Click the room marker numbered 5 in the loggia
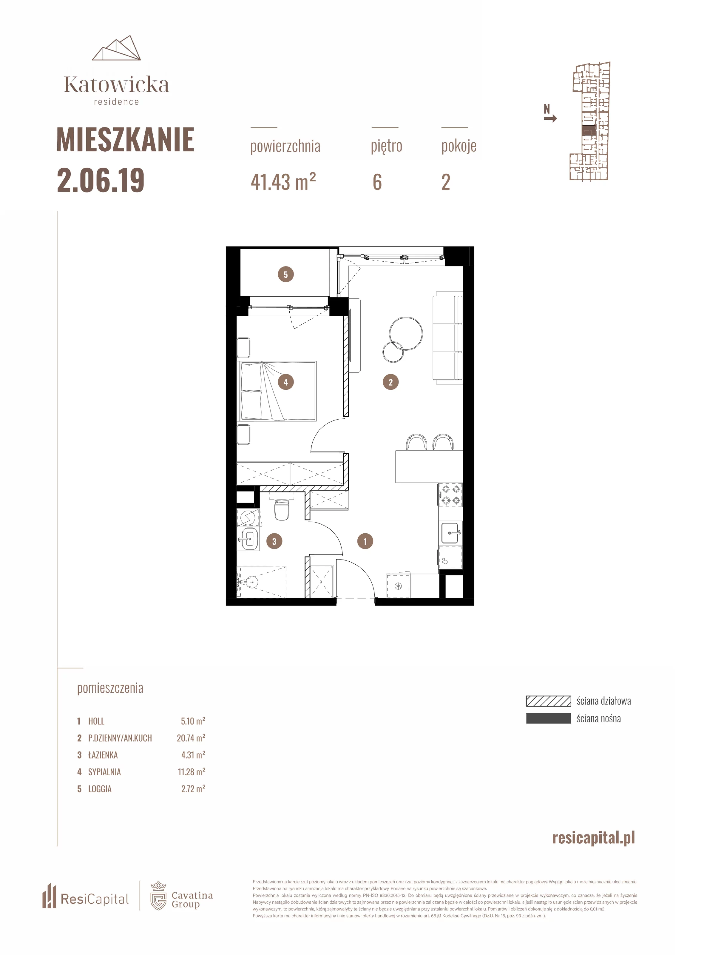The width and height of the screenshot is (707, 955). tap(286, 274)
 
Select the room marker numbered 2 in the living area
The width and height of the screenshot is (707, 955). tap(390, 382)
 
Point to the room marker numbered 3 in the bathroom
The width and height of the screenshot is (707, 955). tap(274, 541)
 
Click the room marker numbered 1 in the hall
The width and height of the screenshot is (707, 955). tap(365, 541)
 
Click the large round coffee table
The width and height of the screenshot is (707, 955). tap(406, 333)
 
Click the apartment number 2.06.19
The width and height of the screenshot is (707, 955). tap(101, 181)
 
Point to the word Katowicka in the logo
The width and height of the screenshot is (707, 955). tap(116, 85)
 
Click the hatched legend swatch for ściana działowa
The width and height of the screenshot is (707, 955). tap(548, 701)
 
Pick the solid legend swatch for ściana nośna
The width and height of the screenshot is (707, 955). tap(548, 718)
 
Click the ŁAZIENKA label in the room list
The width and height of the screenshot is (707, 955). tap(103, 755)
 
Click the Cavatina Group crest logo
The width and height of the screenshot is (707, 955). tap(158, 896)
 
